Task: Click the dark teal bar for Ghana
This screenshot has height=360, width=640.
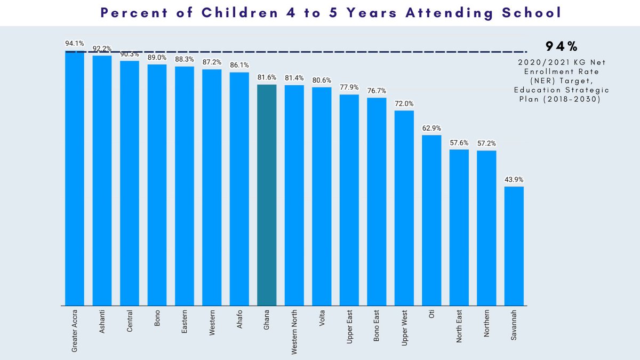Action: (x=267, y=195)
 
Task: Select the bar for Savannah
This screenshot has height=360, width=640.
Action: (x=514, y=246)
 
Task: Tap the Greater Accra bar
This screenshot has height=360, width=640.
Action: (x=75, y=179)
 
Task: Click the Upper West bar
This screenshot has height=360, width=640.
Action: (x=404, y=208)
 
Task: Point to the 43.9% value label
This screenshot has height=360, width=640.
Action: (x=514, y=179)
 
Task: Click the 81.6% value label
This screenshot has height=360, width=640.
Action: (x=267, y=77)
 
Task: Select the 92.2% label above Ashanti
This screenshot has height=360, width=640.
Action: (x=102, y=49)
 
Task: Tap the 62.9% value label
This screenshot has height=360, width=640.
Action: (x=431, y=128)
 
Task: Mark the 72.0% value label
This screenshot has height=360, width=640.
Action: (x=404, y=103)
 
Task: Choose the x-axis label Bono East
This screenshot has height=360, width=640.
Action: (x=377, y=329)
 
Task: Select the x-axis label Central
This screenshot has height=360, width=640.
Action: (x=130, y=323)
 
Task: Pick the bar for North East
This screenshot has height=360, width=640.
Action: (x=459, y=227)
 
